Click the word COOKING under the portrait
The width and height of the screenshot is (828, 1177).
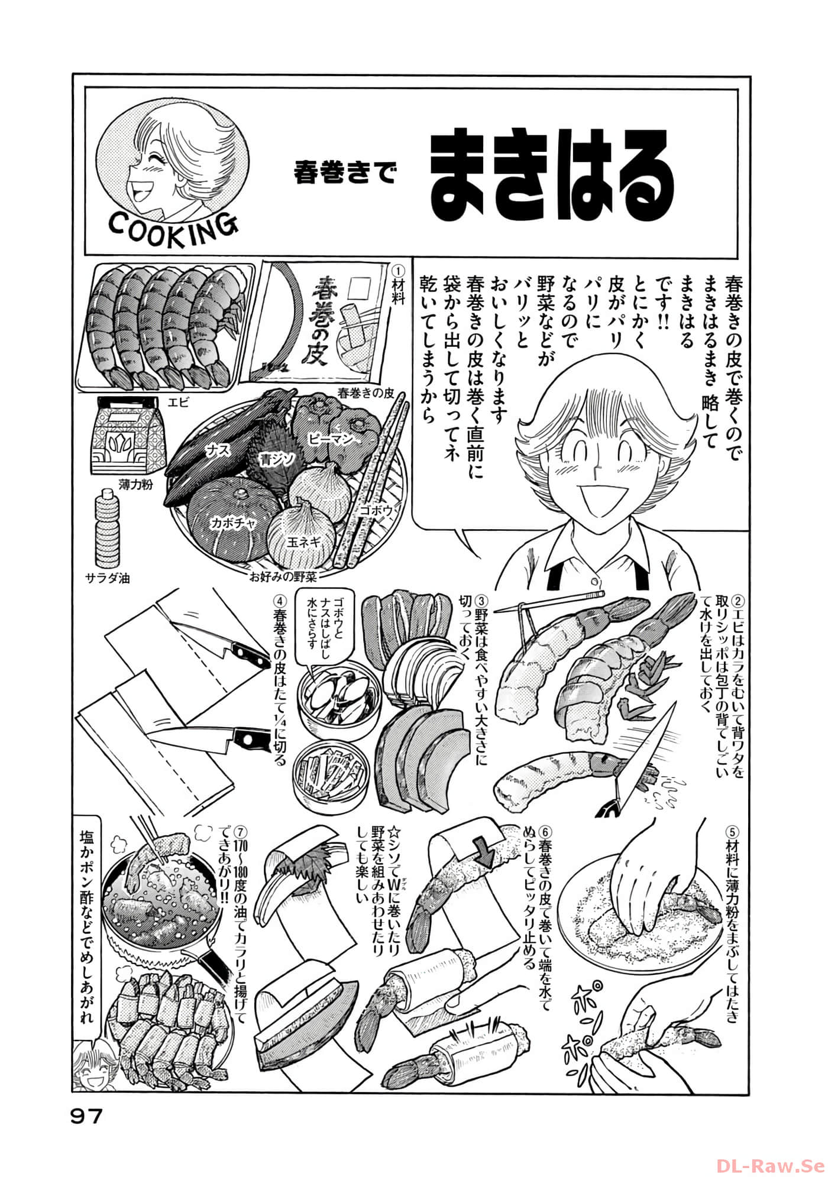(173, 225)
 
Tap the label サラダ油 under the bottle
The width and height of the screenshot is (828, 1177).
(107, 578)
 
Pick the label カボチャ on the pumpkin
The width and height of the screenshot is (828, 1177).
(227, 523)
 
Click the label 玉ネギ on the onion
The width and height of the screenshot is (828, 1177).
(304, 541)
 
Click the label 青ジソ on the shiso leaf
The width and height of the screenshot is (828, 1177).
(274, 458)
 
